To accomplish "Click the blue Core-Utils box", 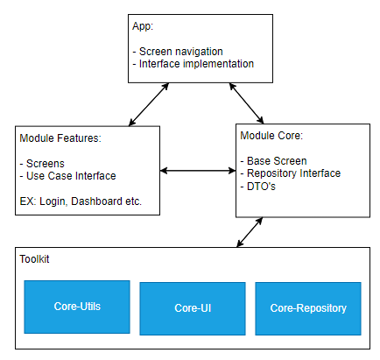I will (77, 307).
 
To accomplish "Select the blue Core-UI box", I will (192, 308).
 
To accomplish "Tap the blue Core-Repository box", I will (307, 308).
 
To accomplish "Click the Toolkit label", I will (36, 261).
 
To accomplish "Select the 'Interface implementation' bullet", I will (194, 64).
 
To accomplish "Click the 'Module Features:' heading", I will (60, 138).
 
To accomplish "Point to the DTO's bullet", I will (261, 186).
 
